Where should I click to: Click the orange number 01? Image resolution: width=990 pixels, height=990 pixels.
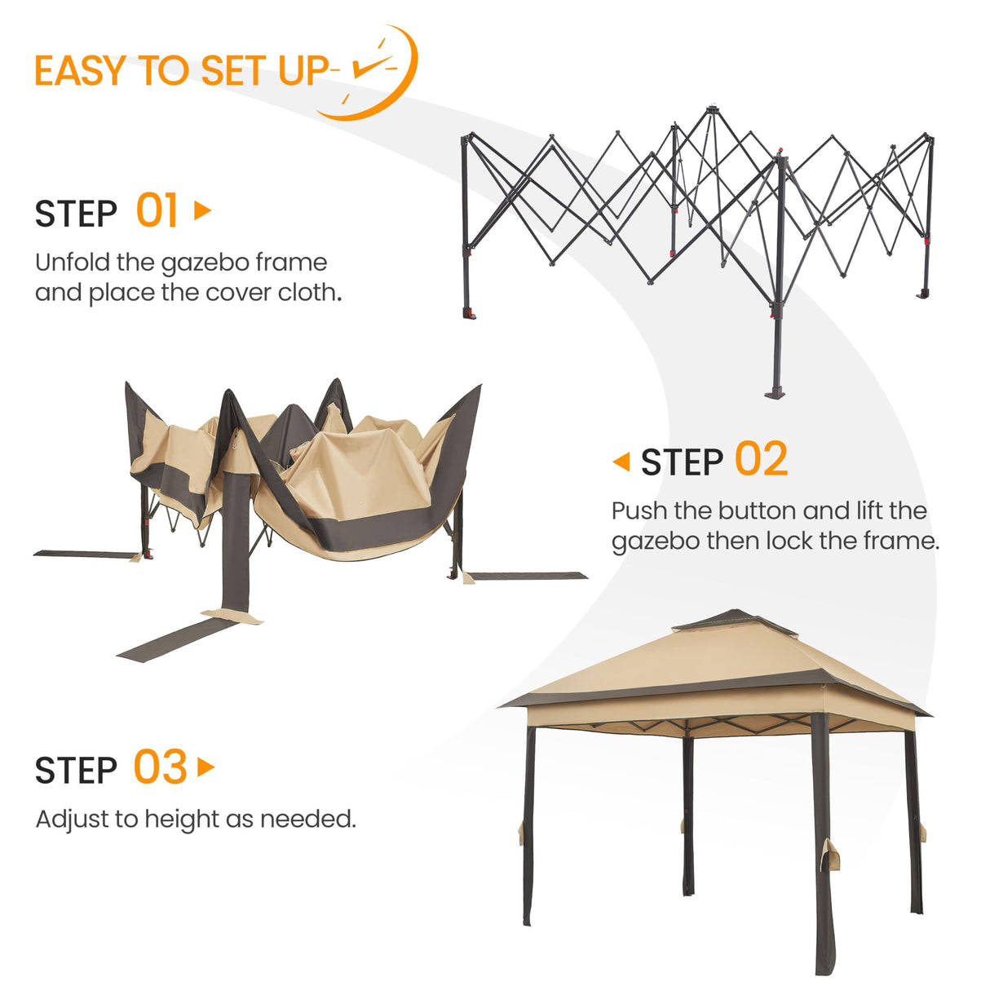[157, 211]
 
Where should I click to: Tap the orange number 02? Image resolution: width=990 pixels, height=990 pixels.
[761, 460]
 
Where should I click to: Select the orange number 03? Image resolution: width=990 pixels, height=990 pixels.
[160, 768]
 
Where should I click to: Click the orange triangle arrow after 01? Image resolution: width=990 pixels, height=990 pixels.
[202, 211]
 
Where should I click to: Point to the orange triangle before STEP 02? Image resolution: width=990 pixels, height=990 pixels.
[621, 462]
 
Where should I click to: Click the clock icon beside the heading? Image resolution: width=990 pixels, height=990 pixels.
[377, 72]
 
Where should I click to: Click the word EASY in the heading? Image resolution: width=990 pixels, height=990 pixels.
[81, 72]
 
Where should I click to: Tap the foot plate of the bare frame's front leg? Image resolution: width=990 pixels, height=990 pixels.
[776, 394]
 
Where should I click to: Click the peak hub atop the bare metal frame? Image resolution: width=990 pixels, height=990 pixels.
[714, 109]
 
